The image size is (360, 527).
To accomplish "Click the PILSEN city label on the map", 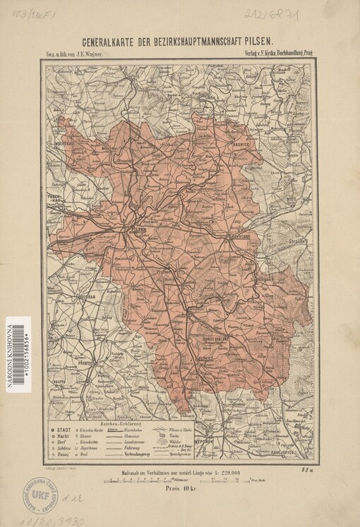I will (138, 230).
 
